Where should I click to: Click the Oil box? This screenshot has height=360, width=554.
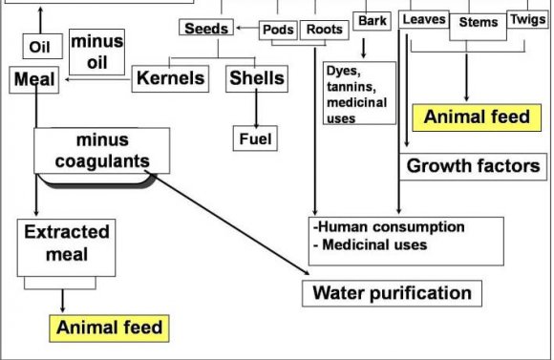(43, 46)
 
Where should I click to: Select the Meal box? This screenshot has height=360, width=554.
(34, 80)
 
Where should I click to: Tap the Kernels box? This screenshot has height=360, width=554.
(170, 79)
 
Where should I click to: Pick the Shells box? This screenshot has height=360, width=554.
(257, 79)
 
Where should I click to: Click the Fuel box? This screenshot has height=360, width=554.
(255, 138)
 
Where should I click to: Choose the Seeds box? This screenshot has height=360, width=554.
(206, 28)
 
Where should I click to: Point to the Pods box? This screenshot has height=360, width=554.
(278, 30)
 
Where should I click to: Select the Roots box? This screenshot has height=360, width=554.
(325, 30)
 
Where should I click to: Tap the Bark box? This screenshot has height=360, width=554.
(373, 21)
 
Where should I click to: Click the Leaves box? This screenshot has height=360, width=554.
(424, 19)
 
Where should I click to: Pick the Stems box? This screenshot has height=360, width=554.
(478, 27)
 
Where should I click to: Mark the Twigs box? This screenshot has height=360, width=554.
(528, 19)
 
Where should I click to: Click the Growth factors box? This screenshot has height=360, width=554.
(473, 166)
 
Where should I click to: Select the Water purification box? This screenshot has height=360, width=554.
(392, 293)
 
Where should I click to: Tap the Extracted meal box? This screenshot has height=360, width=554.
(67, 247)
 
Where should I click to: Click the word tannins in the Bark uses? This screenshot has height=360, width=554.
(352, 87)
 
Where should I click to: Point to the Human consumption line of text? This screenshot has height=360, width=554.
(389, 227)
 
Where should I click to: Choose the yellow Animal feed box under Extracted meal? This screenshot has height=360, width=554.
(109, 328)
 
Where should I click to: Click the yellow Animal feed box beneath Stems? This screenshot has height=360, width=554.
(477, 117)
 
